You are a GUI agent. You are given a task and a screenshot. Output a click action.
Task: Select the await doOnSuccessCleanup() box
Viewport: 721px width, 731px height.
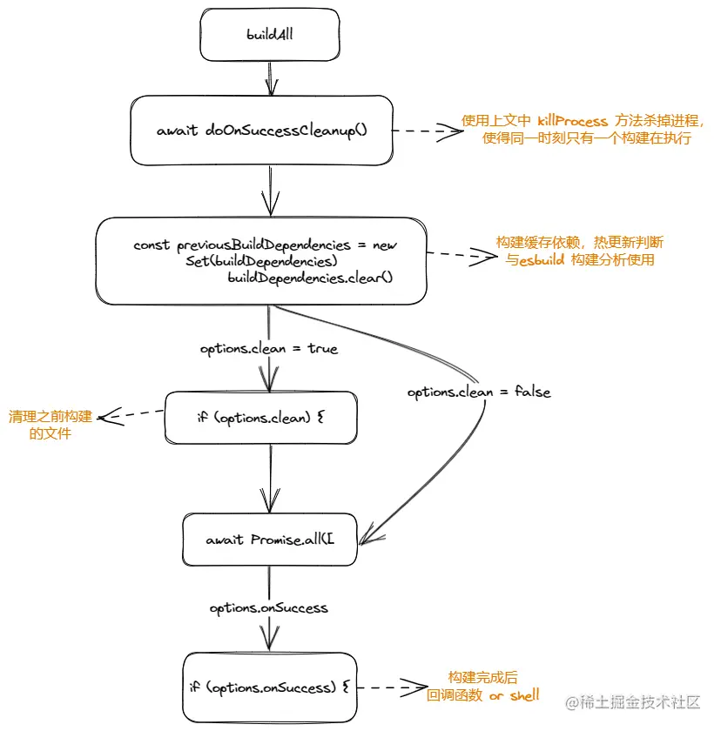(262, 131)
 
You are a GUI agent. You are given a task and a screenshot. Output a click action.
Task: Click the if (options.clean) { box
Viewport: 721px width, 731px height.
(262, 417)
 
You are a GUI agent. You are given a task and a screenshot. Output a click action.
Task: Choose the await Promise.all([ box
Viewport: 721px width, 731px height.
(270, 540)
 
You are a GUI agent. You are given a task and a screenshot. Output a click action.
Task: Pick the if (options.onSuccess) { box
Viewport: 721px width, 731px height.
(269, 687)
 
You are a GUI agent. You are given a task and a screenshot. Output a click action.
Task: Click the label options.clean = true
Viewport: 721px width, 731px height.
(269, 349)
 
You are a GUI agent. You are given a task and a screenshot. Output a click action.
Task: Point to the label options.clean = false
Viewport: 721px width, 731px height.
(479, 392)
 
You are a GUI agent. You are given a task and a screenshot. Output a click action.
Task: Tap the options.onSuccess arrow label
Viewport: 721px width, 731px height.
(269, 607)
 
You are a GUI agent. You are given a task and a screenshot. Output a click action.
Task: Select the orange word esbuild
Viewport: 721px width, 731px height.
(542, 259)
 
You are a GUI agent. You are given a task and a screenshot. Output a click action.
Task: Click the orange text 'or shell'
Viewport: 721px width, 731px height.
(514, 695)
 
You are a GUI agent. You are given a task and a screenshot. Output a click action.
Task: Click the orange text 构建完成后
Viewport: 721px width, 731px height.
(483, 678)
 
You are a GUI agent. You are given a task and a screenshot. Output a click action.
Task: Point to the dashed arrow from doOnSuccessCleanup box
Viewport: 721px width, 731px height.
(427, 131)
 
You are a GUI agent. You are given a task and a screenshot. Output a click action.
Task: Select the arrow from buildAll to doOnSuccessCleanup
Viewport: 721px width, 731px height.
(271, 77)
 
